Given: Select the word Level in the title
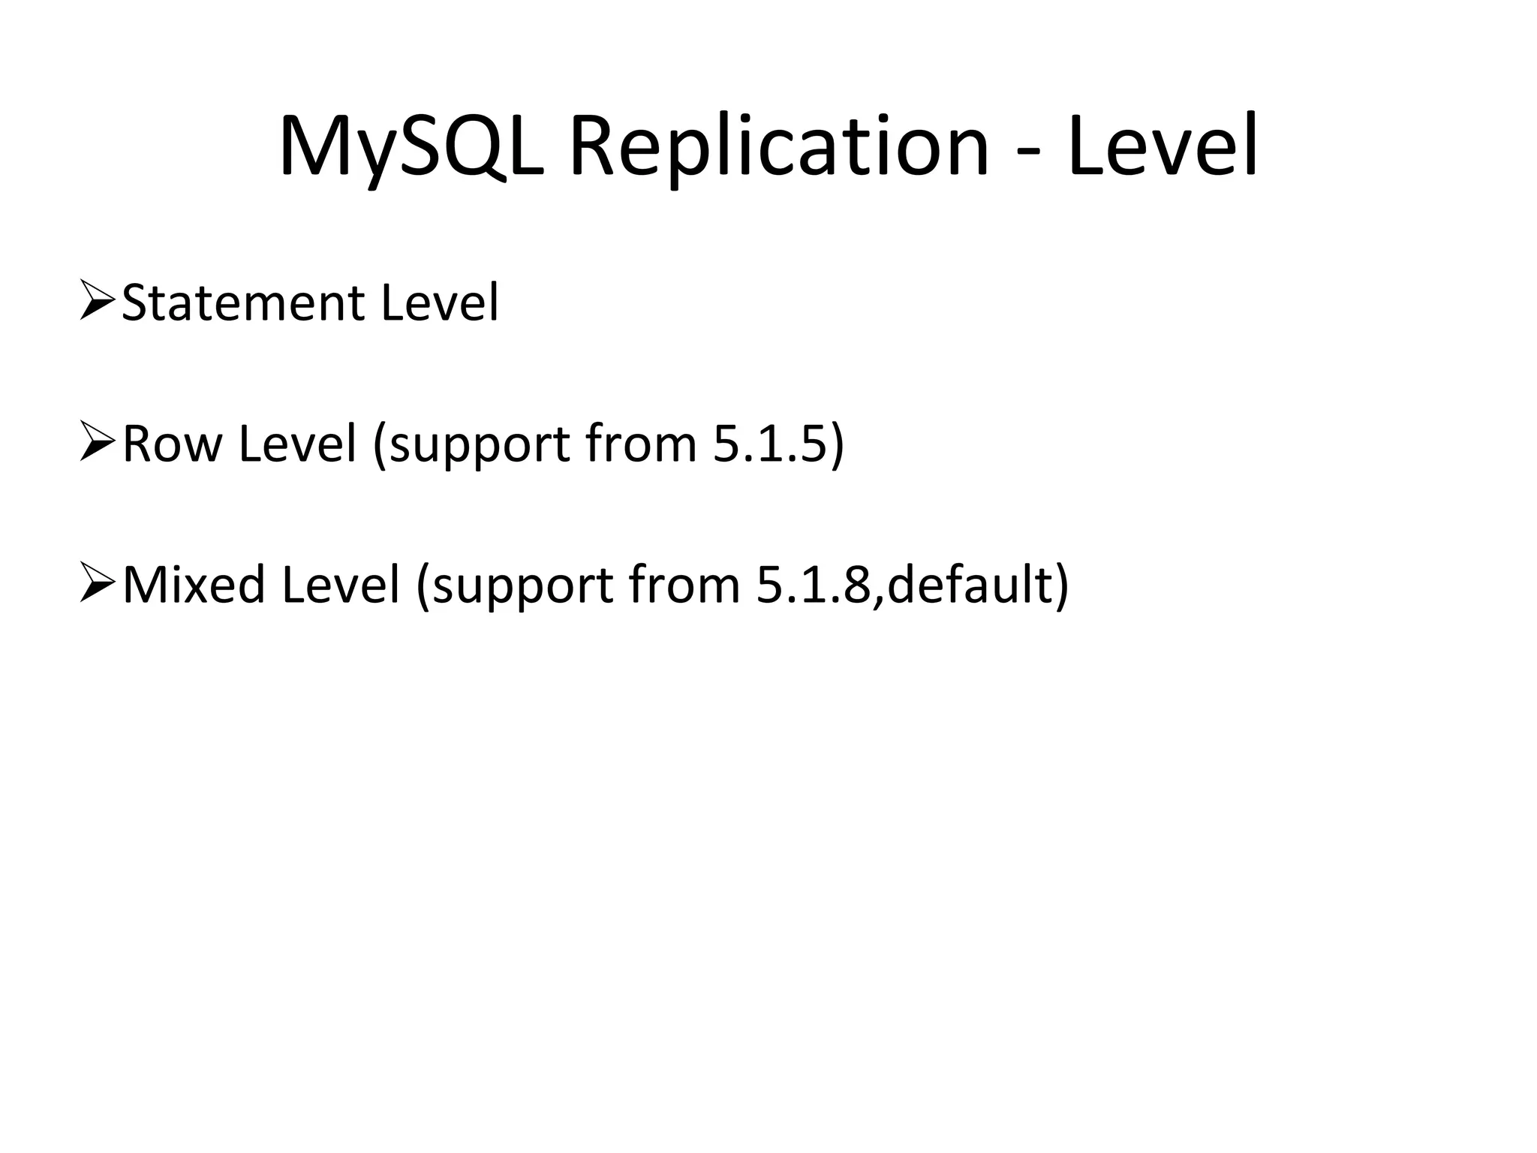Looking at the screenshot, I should coord(1163,147).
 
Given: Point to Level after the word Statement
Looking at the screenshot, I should coord(439,303).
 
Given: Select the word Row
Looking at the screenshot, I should coord(172,444).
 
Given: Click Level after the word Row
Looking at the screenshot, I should coord(297,444).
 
